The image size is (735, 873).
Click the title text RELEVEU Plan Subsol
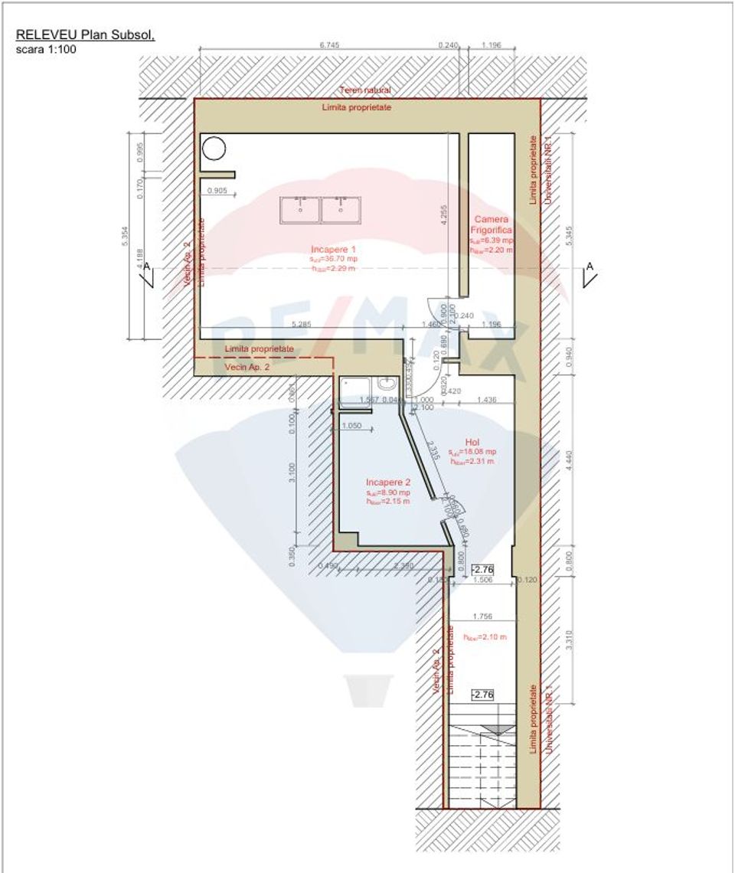[x=85, y=34]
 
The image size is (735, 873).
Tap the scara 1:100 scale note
[x=46, y=49]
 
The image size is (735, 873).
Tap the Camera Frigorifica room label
[x=492, y=224]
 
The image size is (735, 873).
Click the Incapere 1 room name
[x=333, y=250]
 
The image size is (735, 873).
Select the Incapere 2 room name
[x=388, y=482]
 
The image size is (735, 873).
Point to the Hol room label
[x=472, y=442]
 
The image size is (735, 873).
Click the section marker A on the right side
[x=590, y=266]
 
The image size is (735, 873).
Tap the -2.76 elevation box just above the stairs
[x=482, y=695]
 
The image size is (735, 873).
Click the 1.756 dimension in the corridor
[x=482, y=616]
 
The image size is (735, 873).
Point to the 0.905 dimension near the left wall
[x=217, y=191]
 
